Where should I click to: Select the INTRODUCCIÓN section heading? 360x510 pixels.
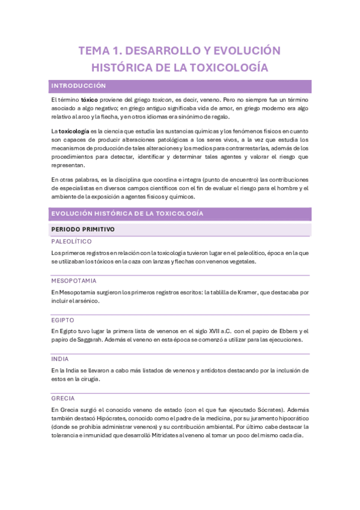[79, 86]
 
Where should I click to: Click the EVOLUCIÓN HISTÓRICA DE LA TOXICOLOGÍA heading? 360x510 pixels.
[127, 214]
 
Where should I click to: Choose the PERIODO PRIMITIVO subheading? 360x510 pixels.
[83, 229]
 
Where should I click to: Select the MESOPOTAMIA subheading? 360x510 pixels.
[74, 281]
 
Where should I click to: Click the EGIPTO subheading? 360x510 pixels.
[63, 320]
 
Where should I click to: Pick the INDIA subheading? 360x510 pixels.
[61, 359]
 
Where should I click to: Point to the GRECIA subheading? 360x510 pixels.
[63, 398]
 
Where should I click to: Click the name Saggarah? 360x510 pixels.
[91, 339]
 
